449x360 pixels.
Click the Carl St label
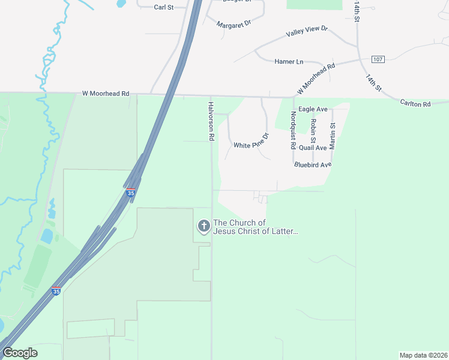tap(163, 7)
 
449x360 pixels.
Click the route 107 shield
tap(378, 59)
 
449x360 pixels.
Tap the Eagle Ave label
tap(313, 109)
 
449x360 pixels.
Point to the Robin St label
tap(313, 130)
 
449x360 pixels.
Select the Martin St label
tap(333, 136)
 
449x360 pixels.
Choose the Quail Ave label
tap(312, 148)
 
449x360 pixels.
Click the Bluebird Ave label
tap(312, 164)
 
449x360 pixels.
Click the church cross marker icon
tap(204, 226)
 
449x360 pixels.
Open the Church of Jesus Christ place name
tap(256, 227)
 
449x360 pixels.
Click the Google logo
tap(20, 352)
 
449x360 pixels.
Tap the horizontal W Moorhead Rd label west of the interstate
tap(106, 94)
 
